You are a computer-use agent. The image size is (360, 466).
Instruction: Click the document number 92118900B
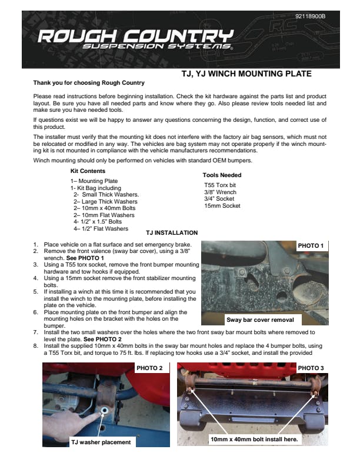(310, 15)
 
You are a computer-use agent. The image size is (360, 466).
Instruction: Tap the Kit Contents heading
(88, 171)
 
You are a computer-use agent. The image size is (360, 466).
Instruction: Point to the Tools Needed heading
(222, 175)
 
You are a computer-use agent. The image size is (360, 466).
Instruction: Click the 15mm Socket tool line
(222, 206)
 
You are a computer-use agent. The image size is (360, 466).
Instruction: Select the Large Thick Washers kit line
(105, 201)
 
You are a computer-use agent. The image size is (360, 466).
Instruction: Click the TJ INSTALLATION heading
(172, 232)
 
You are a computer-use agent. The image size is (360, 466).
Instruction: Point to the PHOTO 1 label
(311, 245)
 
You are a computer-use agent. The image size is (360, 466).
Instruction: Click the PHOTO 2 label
(149, 368)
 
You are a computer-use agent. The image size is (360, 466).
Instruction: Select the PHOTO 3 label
(311, 368)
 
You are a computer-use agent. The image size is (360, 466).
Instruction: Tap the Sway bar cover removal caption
(260, 320)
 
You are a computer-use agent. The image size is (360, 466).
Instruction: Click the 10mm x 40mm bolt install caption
(254, 439)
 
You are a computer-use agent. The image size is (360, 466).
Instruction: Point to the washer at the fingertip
(104, 410)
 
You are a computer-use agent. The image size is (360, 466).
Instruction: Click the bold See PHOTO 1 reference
(85, 258)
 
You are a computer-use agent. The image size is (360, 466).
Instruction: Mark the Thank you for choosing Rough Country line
(89, 83)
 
